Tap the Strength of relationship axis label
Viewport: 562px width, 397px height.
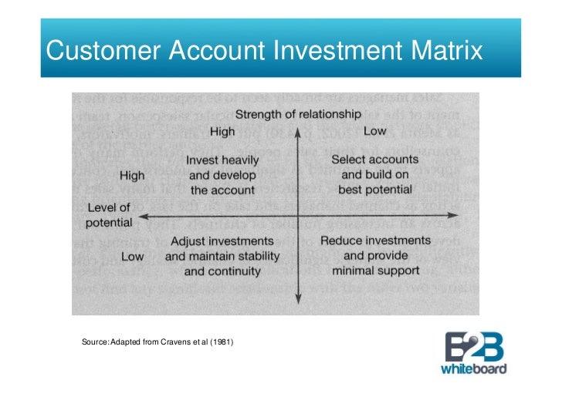(297, 114)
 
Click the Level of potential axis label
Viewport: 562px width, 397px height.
(109, 214)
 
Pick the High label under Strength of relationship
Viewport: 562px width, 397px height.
(222, 131)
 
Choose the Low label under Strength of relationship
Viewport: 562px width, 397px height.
(374, 131)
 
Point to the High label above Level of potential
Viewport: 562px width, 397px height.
(132, 176)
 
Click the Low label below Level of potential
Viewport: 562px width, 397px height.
(133, 256)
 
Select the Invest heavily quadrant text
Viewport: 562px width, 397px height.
(222, 175)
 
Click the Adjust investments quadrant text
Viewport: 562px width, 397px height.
(222, 256)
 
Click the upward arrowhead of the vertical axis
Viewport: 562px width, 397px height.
(298, 130)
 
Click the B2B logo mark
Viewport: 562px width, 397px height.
(472, 345)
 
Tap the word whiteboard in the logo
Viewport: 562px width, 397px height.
(473, 368)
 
